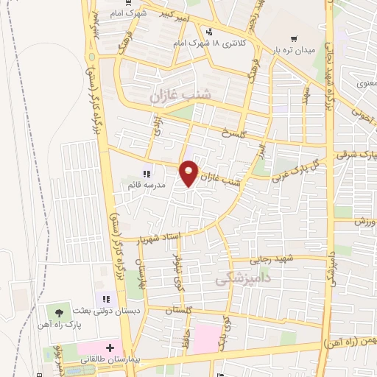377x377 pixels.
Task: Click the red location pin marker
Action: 189,172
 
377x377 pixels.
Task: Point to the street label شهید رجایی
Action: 270,259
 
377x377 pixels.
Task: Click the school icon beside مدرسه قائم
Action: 147,174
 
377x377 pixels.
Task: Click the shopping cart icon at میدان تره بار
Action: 295,39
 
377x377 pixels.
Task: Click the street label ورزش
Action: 360,222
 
